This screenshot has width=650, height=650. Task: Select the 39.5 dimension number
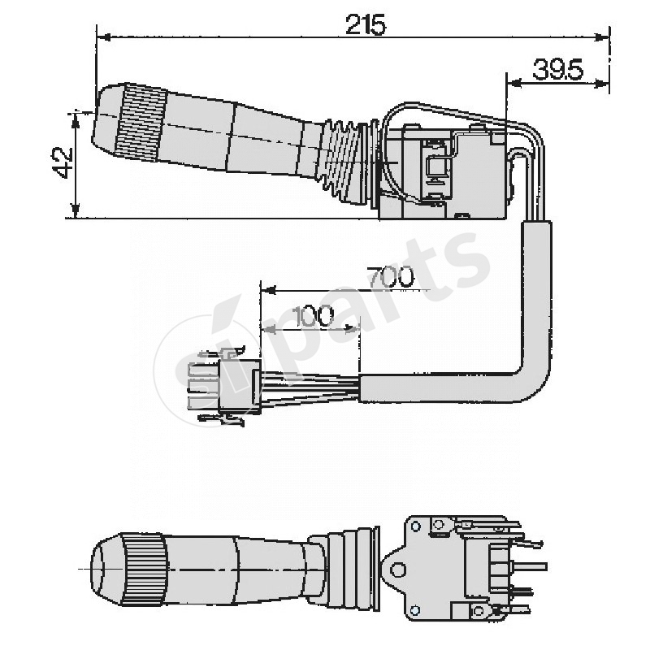click(x=558, y=70)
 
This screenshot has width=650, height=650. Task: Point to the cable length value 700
click(x=389, y=277)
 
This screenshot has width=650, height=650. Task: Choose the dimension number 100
click(x=314, y=316)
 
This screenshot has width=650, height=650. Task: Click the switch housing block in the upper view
click(x=443, y=171)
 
